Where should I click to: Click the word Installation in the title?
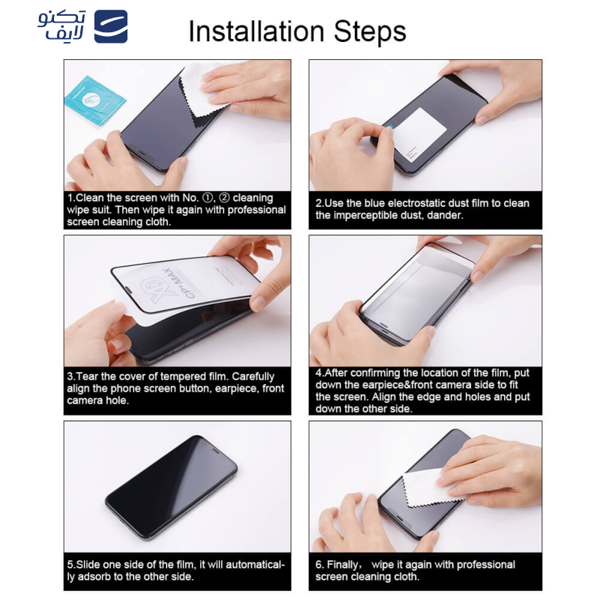coord(256,31)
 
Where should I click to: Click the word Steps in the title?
coord(367,31)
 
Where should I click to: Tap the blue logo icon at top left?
coord(110,26)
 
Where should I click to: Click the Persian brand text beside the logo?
coord(62,26)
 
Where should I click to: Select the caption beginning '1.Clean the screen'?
coord(177,210)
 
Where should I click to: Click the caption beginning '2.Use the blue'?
coord(422,209)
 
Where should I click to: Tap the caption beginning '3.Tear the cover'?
coord(177,388)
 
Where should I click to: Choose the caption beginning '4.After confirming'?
coord(424,390)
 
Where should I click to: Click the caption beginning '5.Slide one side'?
coord(177,570)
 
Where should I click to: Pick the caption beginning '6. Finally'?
coord(415,570)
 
